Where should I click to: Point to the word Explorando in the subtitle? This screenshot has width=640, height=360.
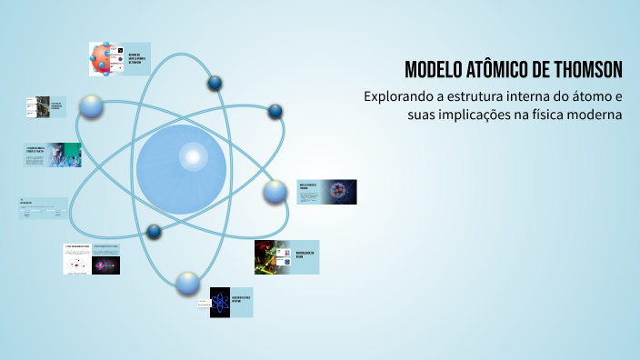click(401, 96)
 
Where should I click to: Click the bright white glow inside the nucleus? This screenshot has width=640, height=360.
click(193, 156)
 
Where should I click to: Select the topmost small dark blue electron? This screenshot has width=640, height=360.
click(215, 84)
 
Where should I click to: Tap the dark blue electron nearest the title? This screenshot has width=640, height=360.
click(275, 112)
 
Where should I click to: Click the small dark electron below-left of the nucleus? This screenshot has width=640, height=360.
click(154, 232)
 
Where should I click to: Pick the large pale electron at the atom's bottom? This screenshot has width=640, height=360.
click(188, 283)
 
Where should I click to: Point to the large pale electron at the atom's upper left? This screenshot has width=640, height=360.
click(92, 106)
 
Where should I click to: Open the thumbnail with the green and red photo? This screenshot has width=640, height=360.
click(273, 256)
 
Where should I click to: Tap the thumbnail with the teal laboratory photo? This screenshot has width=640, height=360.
click(64, 155)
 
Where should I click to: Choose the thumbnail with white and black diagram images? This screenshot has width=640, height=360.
click(92, 259)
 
